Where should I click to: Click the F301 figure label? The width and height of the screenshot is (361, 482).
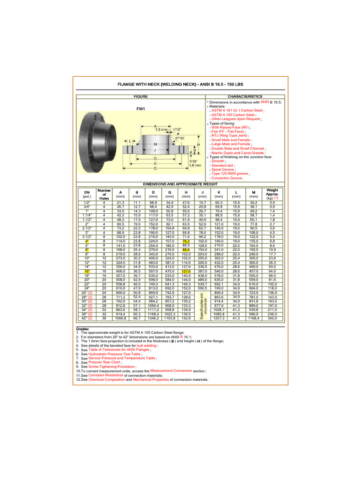tap(140, 109)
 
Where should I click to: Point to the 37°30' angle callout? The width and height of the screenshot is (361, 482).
tap(179, 138)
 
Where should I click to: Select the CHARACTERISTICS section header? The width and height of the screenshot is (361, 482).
tap(244, 96)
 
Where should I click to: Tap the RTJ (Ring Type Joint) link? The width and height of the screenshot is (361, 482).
tap(230, 136)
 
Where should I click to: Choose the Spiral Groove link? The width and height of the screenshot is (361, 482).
tap(223, 169)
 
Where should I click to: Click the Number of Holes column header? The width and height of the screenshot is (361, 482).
tap(104, 194)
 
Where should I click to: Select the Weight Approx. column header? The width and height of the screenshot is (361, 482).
tap(272, 194)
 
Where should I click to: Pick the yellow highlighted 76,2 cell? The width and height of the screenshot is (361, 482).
tap(186, 241)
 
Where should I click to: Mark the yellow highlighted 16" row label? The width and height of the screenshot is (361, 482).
tap(87, 271)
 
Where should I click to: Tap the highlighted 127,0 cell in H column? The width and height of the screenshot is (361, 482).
tap(186, 271)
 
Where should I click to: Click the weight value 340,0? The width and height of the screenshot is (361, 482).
tap(272, 318)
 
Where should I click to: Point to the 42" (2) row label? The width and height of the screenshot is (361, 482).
tap(87, 318)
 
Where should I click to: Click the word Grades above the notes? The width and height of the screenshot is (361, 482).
tap(83, 329)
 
